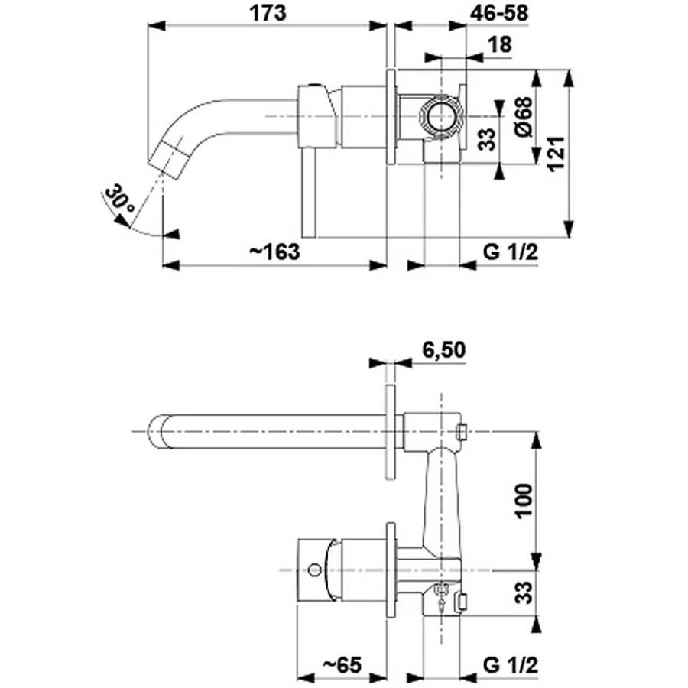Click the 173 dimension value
point(268,13)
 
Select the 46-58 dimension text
point(499,13)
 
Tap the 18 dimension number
point(500,45)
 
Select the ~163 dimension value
point(274,252)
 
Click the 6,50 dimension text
point(443,349)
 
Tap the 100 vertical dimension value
point(524,501)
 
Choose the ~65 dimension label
point(342,665)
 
